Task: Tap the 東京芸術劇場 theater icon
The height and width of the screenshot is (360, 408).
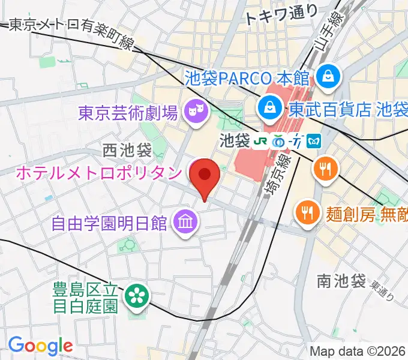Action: (195, 110)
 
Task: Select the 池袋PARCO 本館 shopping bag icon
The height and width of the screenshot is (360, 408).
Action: (329, 76)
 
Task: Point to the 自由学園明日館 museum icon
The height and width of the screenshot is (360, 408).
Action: (184, 223)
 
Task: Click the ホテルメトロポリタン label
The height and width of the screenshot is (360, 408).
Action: (98, 173)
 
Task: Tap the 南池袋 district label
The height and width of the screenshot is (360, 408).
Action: (341, 280)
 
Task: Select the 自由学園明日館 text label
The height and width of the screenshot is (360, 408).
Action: (109, 224)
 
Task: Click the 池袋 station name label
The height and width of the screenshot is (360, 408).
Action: (234, 141)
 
